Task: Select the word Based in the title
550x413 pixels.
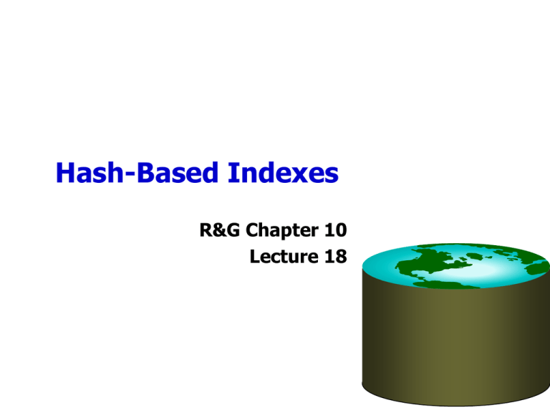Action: coord(178,172)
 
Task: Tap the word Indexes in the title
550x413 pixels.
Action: coord(283,172)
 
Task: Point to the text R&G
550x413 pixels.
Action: coord(220,230)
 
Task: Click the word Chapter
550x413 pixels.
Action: coord(282,232)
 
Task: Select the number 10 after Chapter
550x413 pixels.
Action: coord(336,230)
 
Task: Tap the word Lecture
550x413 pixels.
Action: coord(284,257)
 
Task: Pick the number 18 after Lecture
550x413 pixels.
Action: coord(336,257)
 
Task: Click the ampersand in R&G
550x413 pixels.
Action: coord(221,230)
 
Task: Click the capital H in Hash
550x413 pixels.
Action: coord(65,173)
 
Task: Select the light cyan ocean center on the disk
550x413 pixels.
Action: coord(491,270)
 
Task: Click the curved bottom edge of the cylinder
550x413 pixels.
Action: coord(456,406)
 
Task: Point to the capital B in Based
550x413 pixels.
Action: coord(145,173)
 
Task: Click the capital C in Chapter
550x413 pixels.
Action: coord(252,230)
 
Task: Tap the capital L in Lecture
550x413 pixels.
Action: coord(255,257)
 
